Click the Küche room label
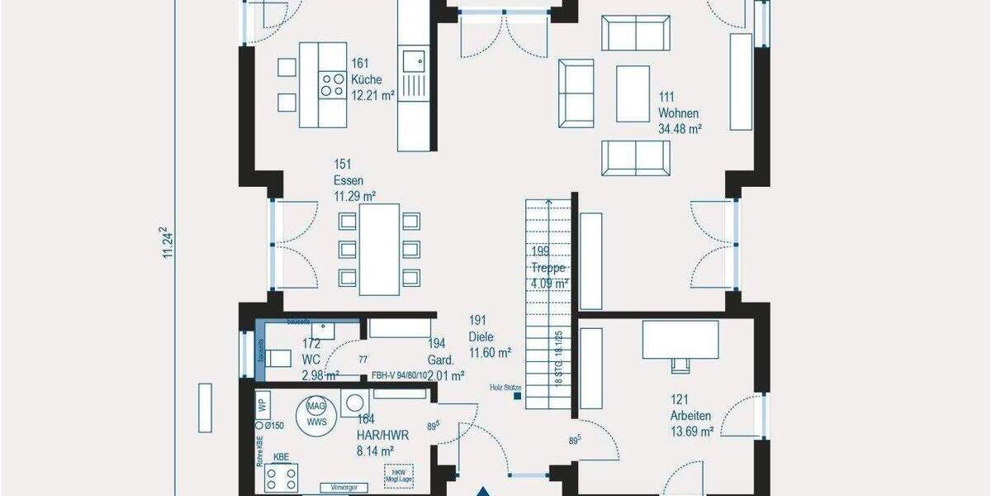coord(366,79)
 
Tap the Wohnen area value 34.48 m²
coord(679,129)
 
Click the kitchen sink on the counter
coord(413,60)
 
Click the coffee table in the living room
coord(633,93)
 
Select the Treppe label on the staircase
coord(548,267)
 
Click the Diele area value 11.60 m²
coord(491,352)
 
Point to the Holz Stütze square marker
coord(518,396)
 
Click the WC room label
coord(311,360)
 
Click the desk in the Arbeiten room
coord(680,339)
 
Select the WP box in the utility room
coord(263,406)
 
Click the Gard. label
coord(440,360)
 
